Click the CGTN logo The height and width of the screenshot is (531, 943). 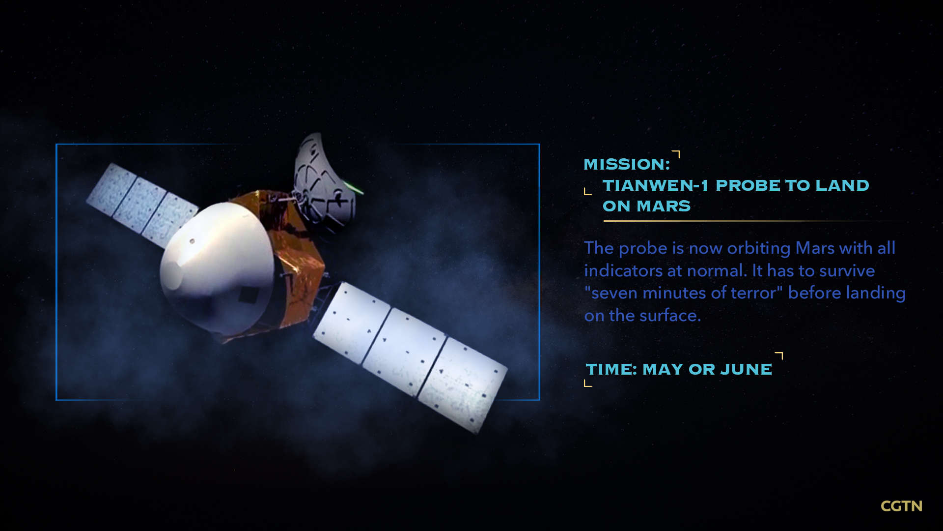coord(901,506)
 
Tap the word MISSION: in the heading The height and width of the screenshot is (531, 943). coord(627,164)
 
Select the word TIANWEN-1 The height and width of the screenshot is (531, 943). coord(656,185)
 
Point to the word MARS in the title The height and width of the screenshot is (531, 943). coord(664,206)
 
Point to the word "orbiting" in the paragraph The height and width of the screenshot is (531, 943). coord(758,249)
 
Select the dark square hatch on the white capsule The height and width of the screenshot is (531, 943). coord(249,295)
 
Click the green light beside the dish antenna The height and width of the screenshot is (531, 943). coord(355,187)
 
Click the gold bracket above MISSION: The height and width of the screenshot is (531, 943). coord(676,154)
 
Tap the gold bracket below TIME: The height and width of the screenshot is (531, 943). coord(588,383)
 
